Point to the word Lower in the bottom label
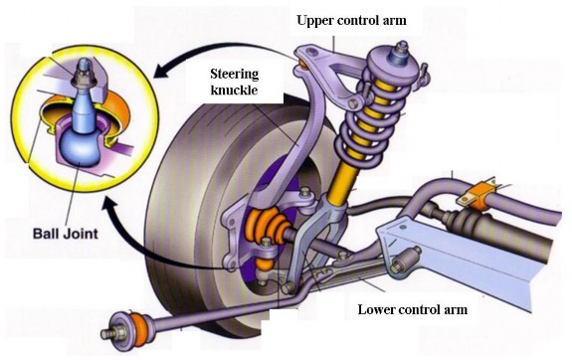pos(378,308)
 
